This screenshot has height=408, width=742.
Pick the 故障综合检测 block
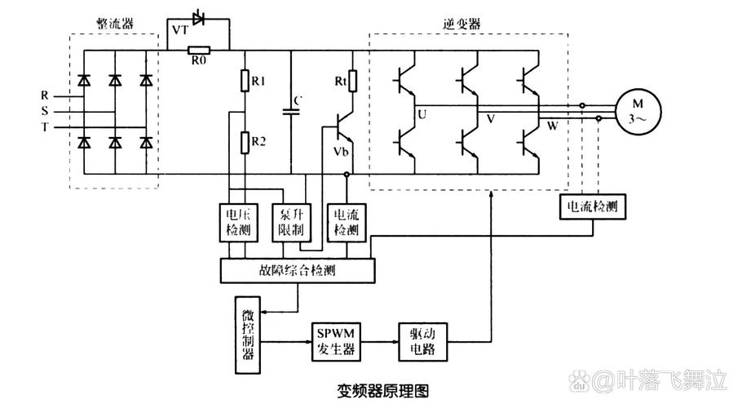(298, 269)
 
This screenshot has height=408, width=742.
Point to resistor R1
(245, 81)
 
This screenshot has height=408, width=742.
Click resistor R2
(245, 143)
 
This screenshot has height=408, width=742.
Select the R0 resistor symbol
(199, 50)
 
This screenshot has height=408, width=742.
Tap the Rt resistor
(352, 82)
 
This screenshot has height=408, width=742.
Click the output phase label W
(551, 126)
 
